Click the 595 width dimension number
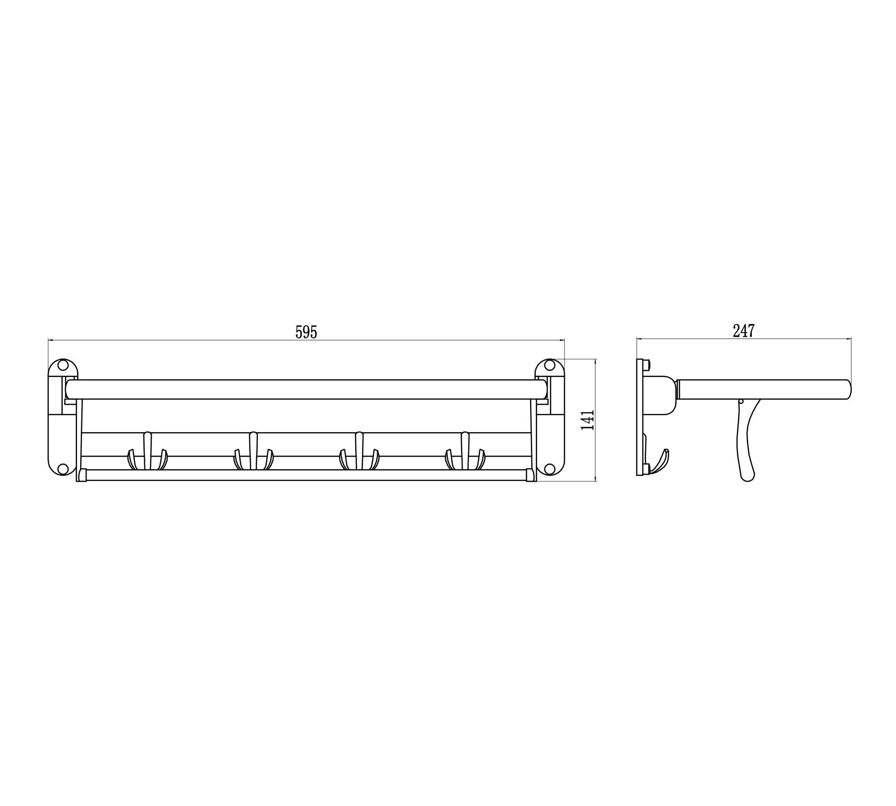(306, 332)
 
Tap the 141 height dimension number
(587, 420)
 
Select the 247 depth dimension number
(744, 330)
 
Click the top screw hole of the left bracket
(63, 365)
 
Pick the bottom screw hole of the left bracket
(63, 469)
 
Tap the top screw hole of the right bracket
(550, 365)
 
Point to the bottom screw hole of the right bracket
(550, 469)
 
